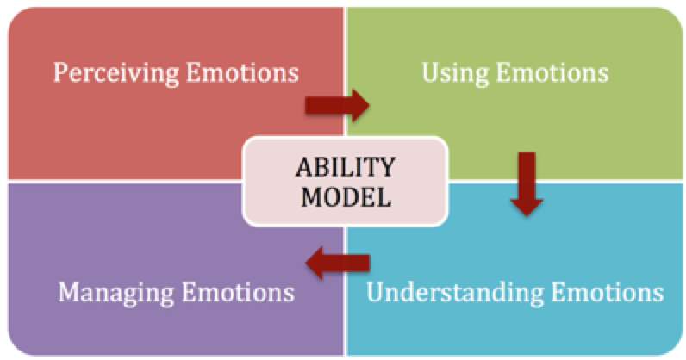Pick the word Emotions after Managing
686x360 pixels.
click(237, 292)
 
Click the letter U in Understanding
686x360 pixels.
click(375, 292)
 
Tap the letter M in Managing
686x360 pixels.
click(67, 292)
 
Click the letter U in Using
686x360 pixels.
click(429, 72)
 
